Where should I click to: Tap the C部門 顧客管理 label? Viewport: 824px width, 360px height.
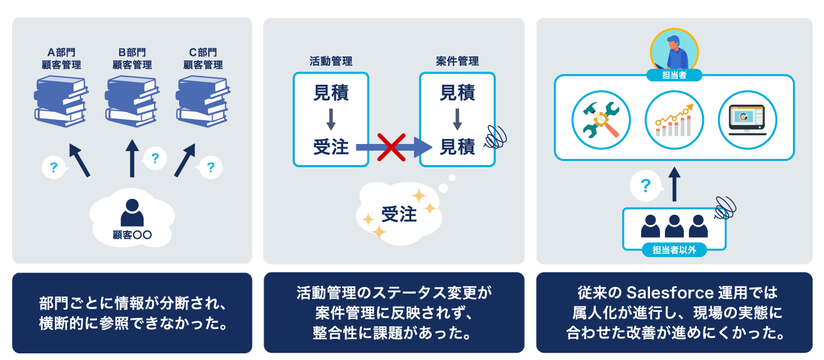[203, 59]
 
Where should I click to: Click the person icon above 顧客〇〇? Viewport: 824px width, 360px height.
[132, 213]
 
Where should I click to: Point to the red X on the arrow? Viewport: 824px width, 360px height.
[392, 147]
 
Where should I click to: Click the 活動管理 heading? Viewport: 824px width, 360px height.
[331, 61]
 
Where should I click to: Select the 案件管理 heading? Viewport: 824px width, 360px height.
[457, 61]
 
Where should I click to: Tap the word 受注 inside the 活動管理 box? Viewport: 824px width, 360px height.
[331, 147]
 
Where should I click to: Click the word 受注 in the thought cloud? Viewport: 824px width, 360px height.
[399, 214]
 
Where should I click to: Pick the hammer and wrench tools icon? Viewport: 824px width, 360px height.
[601, 120]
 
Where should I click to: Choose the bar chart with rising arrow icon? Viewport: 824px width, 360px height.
[674, 120]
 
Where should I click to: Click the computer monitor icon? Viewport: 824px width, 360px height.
[747, 120]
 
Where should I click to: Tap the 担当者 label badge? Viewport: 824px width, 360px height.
[674, 75]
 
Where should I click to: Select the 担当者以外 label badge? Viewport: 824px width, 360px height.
[674, 250]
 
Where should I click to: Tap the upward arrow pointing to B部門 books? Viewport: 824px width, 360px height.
[132, 158]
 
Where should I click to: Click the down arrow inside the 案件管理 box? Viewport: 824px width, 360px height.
[457, 119]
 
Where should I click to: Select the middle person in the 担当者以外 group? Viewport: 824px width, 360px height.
[674, 226]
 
